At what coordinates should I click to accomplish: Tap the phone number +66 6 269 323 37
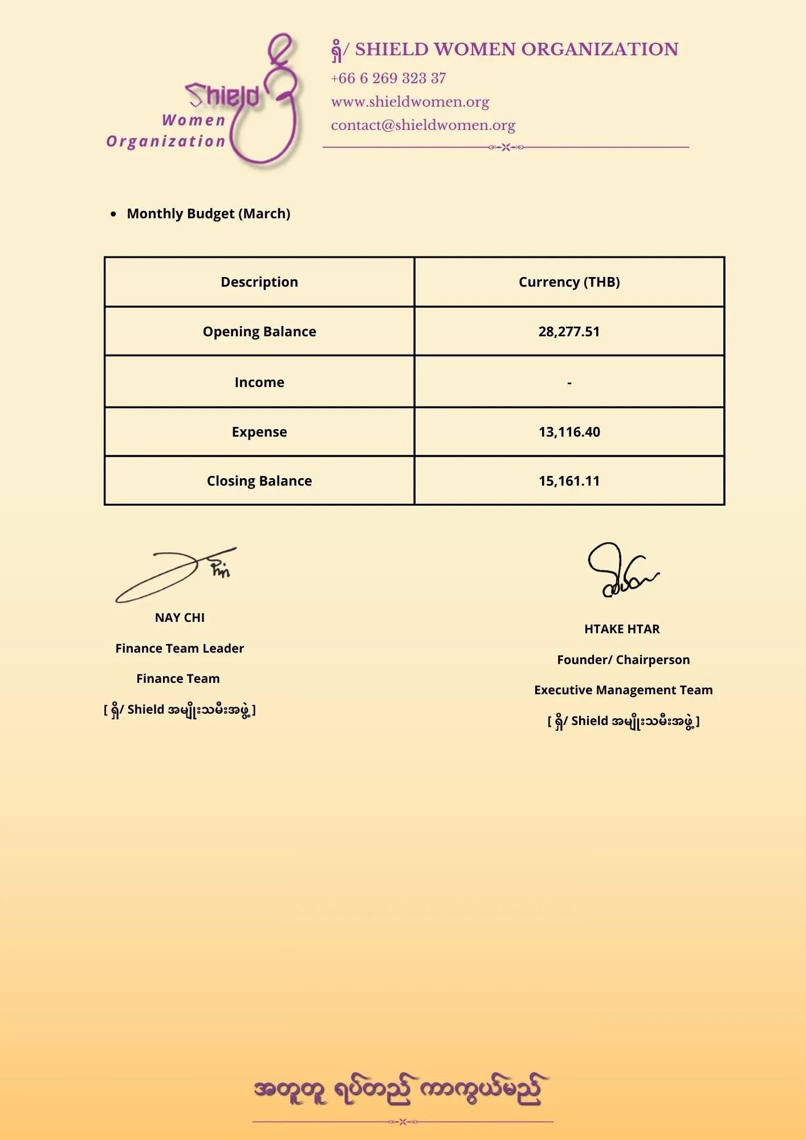(388, 78)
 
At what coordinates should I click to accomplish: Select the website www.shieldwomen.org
(410, 101)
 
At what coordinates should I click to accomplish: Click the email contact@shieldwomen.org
(423, 125)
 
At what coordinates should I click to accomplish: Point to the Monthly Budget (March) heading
(208, 214)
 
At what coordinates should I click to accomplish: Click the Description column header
(259, 282)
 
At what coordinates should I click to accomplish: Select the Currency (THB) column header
(569, 282)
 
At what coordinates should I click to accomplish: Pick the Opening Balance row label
(259, 332)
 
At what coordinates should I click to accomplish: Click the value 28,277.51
(569, 332)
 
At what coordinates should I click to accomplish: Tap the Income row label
(259, 382)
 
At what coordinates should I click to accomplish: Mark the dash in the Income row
(569, 383)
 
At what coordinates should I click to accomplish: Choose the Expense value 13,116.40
(569, 432)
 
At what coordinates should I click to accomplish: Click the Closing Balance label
(259, 481)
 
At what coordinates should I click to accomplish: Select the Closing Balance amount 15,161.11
(569, 481)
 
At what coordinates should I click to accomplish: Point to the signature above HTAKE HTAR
(621, 570)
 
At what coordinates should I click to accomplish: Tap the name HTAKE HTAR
(622, 629)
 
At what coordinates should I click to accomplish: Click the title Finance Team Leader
(180, 649)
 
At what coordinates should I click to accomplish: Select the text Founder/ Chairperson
(623, 660)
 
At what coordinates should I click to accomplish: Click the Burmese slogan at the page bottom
(399, 1090)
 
